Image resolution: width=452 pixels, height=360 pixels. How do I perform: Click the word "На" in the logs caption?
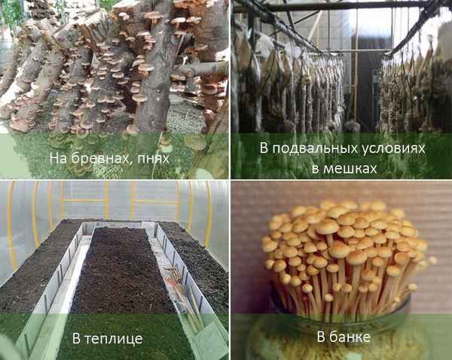(58, 158)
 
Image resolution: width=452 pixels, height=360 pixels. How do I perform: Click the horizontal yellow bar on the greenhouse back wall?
(121, 201)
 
